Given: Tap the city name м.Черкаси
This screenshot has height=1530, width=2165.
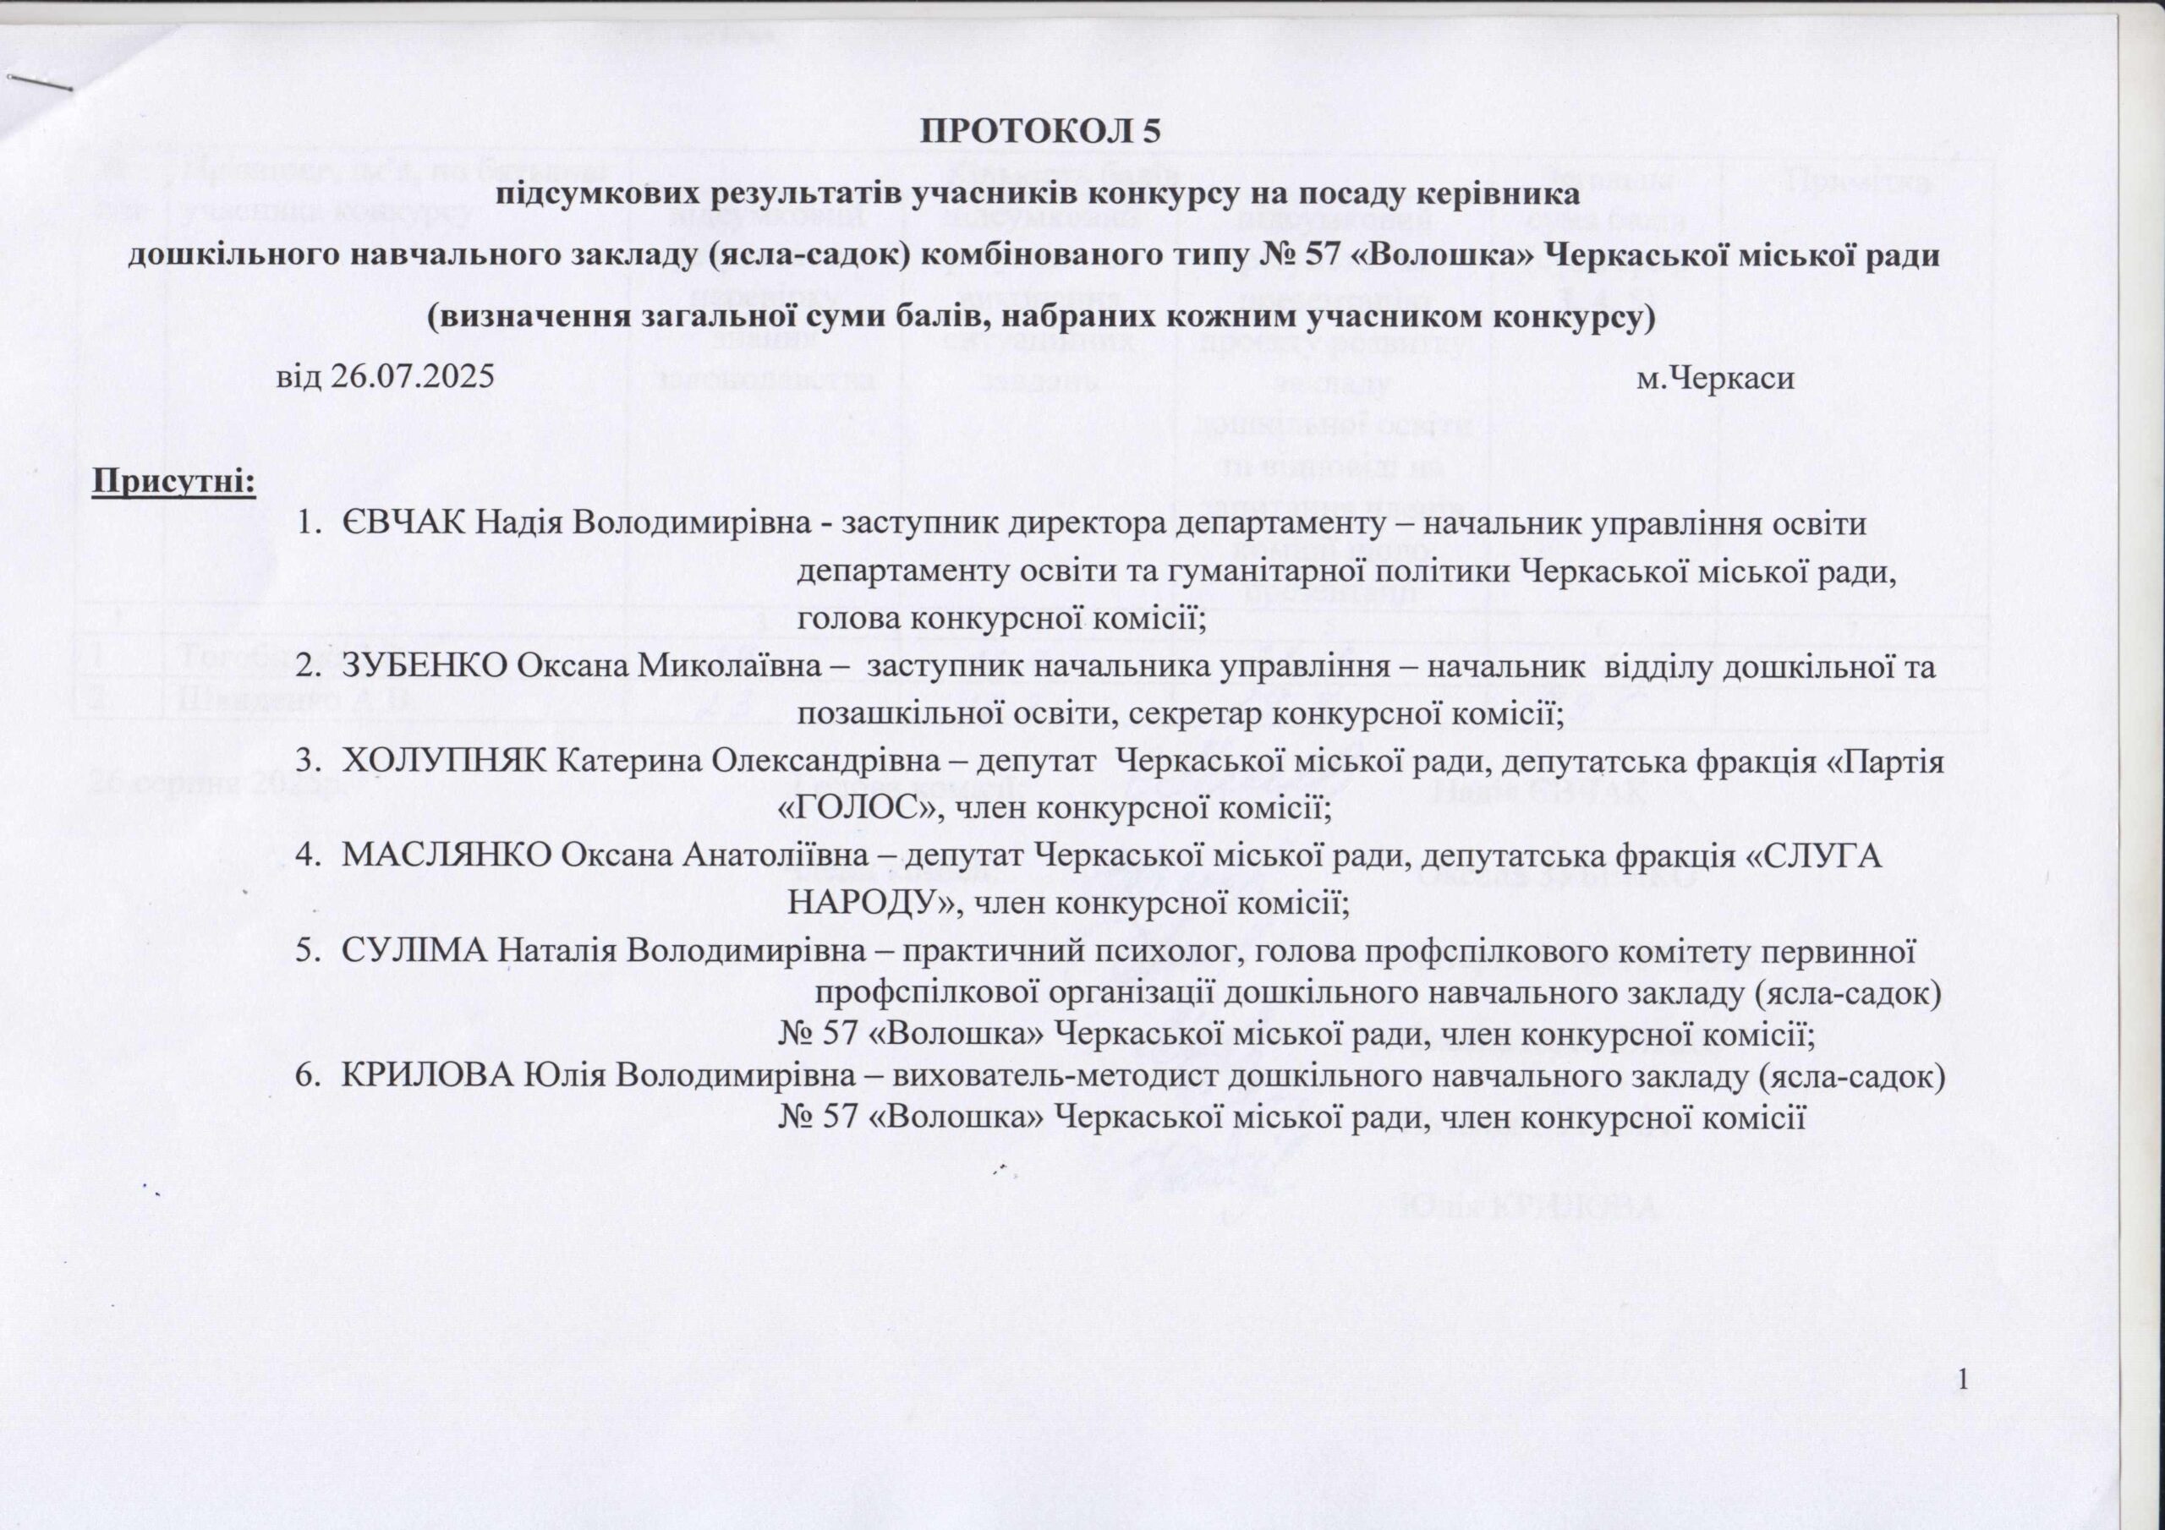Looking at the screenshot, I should coord(1715,379).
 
